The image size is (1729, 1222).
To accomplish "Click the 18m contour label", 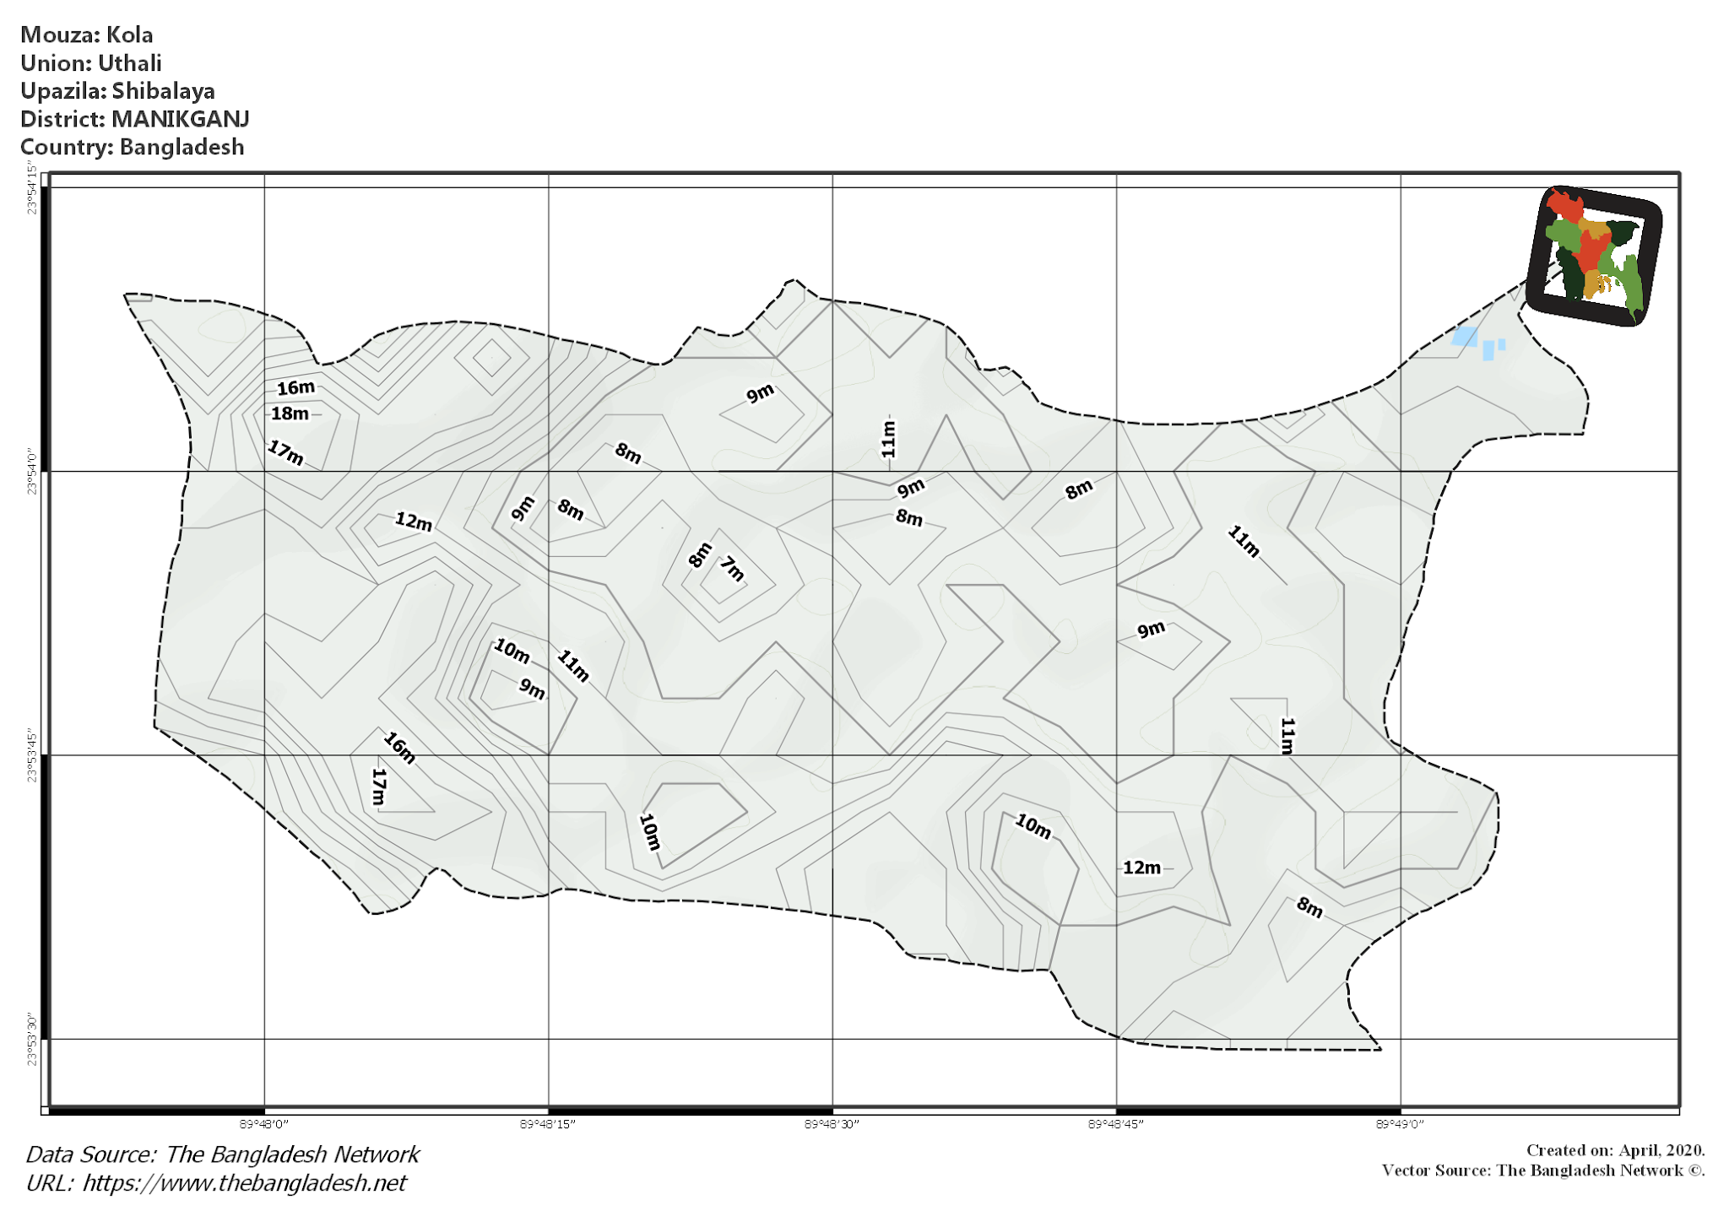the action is (x=290, y=414).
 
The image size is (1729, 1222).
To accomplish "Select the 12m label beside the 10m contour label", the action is (x=1141, y=868).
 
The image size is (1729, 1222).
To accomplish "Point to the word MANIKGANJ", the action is (x=180, y=119).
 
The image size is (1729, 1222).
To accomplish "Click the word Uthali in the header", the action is (x=129, y=63).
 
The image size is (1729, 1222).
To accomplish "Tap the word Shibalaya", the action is (x=163, y=91).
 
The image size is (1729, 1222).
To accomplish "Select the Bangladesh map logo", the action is (x=1594, y=256).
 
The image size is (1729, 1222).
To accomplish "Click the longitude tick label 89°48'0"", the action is (x=264, y=1124).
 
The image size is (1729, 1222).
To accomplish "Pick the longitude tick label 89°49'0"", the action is (x=1400, y=1124).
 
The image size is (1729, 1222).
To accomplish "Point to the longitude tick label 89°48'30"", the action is (x=832, y=1124).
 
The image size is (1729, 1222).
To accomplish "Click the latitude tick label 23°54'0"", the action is (x=32, y=471).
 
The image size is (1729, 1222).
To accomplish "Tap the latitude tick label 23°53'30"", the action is (x=32, y=1041).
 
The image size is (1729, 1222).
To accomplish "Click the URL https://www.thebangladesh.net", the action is (x=244, y=1183).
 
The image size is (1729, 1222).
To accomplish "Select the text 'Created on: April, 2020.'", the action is (x=1615, y=1150).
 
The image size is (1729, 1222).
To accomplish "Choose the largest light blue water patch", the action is (x=1465, y=337).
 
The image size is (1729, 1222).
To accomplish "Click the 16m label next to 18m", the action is (x=295, y=387).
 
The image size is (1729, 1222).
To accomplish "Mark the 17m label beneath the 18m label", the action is (x=285, y=453).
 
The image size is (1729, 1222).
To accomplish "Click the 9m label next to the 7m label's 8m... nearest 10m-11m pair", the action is (x=532, y=689).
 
